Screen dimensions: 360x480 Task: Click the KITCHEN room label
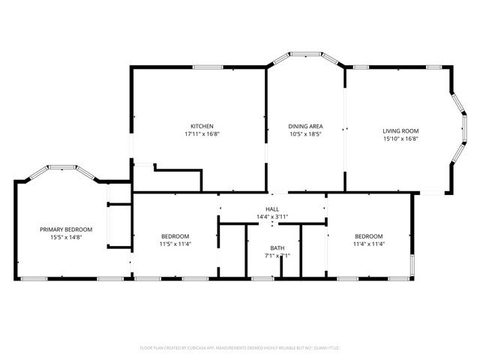coord(202,126)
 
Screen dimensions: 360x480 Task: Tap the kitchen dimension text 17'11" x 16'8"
coord(202,134)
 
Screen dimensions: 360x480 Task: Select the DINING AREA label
coord(306,126)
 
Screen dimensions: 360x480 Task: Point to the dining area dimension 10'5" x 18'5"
coord(306,134)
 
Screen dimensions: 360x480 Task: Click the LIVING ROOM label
coord(400,130)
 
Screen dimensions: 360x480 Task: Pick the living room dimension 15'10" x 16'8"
coord(400,139)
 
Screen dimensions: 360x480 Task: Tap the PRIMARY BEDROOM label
coord(67,229)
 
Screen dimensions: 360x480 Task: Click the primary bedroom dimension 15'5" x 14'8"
coord(67,238)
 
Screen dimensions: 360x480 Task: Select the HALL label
coord(271,209)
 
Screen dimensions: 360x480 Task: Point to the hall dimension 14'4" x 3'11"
coord(271,217)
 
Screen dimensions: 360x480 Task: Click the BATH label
coord(277,248)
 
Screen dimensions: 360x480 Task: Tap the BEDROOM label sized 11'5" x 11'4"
coord(174,235)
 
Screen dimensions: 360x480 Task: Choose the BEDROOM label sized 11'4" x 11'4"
coord(369,235)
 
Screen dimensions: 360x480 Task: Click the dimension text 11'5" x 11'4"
coord(174,244)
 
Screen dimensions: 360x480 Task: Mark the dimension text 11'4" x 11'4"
coord(369,244)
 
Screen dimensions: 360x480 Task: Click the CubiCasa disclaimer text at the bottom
coord(240,348)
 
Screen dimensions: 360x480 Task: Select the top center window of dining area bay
coord(307,54)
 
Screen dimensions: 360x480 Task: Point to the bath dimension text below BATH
coord(277,256)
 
